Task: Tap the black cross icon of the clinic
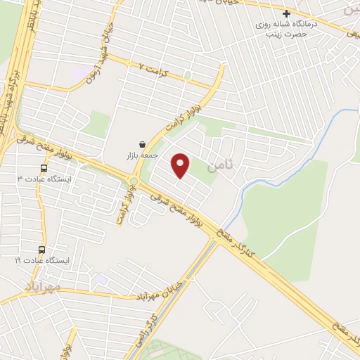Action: (x=286, y=13)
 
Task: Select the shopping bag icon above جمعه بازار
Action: (x=143, y=143)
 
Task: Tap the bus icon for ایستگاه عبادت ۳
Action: (x=44, y=169)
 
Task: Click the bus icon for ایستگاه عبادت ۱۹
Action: (x=41, y=250)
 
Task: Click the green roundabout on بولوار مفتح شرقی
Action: (x=134, y=183)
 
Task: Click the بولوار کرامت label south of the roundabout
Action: (x=120, y=207)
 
